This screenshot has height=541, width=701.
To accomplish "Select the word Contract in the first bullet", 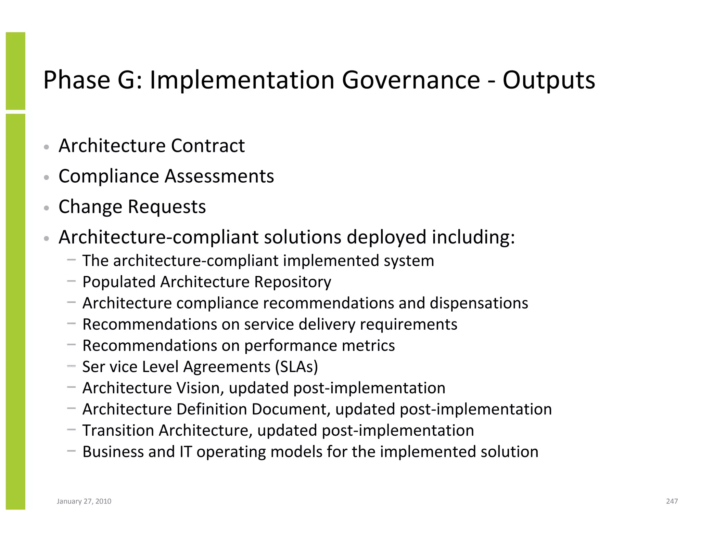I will coord(208,146).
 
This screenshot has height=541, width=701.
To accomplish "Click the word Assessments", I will coord(219,176).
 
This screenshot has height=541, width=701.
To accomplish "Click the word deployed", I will coord(386,237).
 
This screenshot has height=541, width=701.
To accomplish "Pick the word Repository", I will coord(293,282).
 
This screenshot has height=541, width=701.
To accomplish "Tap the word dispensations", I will coord(479,303).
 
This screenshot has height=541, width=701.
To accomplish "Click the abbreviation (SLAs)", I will coord(296,367).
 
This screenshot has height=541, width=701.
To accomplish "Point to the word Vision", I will coord(200,388).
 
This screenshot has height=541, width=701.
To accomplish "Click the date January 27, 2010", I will coord(84,501).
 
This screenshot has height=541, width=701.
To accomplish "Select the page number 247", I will coord(672,501).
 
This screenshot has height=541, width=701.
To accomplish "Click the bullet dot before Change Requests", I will coord(47,208).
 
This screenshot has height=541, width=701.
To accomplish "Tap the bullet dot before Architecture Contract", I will coord(47,147).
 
